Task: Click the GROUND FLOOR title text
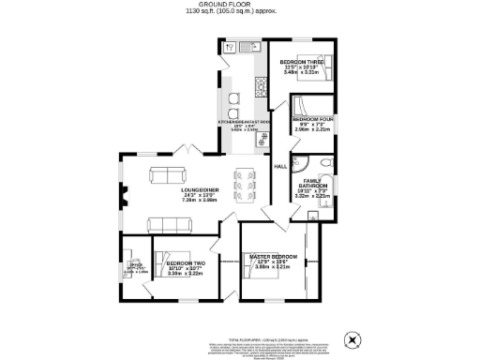tap(240, 5)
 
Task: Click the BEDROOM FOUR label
tap(310, 121)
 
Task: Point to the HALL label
tap(279, 167)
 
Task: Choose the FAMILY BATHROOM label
tap(313, 185)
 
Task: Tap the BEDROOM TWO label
tap(186, 263)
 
